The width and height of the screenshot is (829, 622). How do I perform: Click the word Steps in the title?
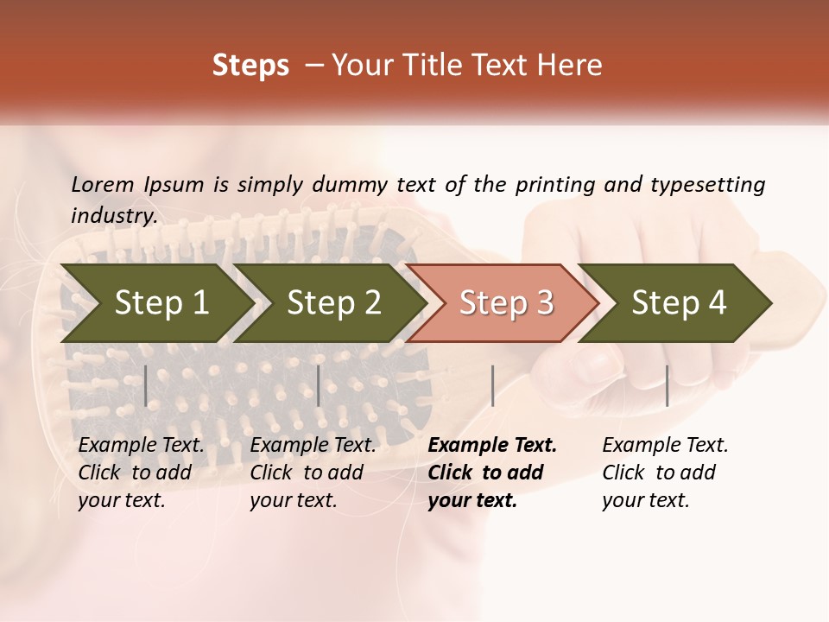pyautogui.click(x=250, y=66)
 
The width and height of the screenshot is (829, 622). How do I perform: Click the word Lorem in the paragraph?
pyautogui.click(x=103, y=184)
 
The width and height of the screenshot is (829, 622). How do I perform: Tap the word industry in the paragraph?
pyautogui.click(x=113, y=216)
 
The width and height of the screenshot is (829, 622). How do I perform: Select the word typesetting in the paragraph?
pyautogui.click(x=707, y=185)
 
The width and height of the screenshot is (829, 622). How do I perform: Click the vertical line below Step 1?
pyautogui.click(x=146, y=385)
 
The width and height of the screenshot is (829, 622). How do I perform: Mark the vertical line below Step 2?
pyautogui.click(x=319, y=385)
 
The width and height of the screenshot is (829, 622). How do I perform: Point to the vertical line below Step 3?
pyautogui.click(x=492, y=385)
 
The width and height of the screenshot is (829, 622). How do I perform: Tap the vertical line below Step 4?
pyautogui.click(x=667, y=385)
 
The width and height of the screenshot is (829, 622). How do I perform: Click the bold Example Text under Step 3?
pyautogui.click(x=492, y=446)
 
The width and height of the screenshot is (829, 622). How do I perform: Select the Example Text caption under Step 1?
pyautogui.click(x=141, y=446)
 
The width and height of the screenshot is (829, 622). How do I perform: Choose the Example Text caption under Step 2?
pyautogui.click(x=313, y=446)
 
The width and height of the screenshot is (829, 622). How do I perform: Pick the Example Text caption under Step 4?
pyautogui.click(x=665, y=446)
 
